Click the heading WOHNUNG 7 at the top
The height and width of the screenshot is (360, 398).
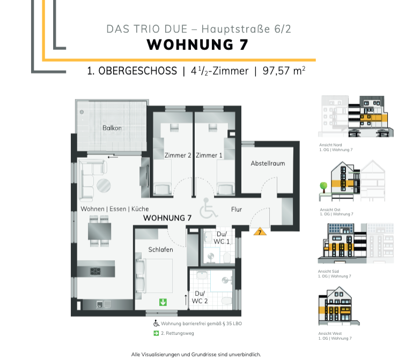(x=197, y=45)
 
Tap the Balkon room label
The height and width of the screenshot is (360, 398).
(x=112, y=128)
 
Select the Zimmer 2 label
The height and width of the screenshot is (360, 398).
(x=178, y=156)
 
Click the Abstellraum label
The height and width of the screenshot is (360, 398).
(x=268, y=163)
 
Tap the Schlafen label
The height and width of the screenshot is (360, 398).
(x=160, y=249)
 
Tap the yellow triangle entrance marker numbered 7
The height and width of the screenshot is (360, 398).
(x=260, y=232)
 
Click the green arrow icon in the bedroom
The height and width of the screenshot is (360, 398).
(x=163, y=302)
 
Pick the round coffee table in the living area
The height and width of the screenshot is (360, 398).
(x=104, y=186)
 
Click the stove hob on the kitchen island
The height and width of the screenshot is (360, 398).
(x=97, y=270)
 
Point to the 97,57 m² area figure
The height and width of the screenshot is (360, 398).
(x=284, y=71)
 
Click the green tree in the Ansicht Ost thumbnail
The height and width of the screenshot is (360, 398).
(x=323, y=186)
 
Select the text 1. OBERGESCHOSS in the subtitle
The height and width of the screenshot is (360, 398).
(x=131, y=71)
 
